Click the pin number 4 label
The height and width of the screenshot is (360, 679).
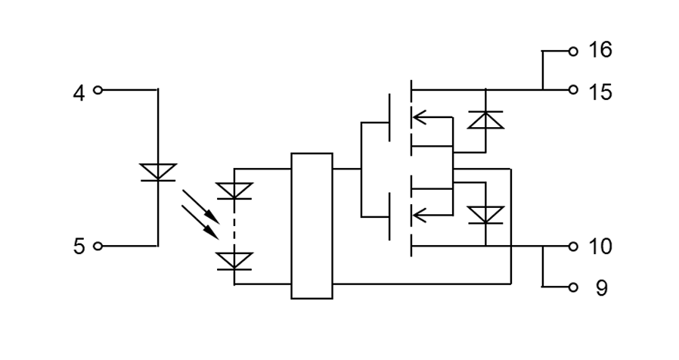[x=79, y=93]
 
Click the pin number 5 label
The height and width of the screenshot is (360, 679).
[x=79, y=247]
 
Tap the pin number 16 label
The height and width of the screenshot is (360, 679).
[x=600, y=51]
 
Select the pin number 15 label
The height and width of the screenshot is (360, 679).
[x=600, y=92]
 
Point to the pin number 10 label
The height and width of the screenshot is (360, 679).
[x=600, y=247]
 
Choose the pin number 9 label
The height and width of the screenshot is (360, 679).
[x=601, y=289]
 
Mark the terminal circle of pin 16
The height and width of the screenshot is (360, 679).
[x=573, y=51]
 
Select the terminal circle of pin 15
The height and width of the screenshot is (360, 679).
[x=573, y=90]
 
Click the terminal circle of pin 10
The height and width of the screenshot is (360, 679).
[x=573, y=247]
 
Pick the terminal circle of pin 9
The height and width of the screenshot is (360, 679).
[x=573, y=287]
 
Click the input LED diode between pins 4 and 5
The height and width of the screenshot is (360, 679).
[x=158, y=172]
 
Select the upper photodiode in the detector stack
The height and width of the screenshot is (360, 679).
[x=234, y=191]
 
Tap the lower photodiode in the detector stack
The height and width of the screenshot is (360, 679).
[x=234, y=261]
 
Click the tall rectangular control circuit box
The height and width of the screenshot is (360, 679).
[x=312, y=225]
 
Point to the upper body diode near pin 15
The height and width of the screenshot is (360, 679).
[x=485, y=119]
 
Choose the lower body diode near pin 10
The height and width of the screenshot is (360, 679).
[x=485, y=215]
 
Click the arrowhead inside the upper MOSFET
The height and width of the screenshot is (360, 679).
[x=419, y=117]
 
